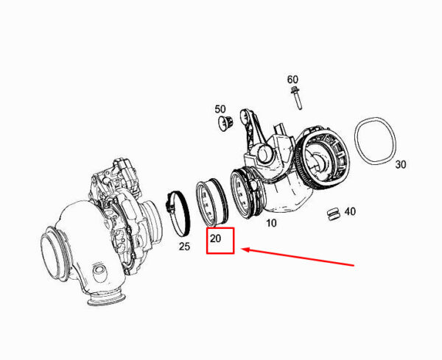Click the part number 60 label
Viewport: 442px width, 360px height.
(292, 80)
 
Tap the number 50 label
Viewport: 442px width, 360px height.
(220, 109)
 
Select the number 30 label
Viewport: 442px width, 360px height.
(401, 164)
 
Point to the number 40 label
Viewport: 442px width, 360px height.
(350, 211)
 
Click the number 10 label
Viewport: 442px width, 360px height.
(271, 223)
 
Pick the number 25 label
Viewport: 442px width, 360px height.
(185, 247)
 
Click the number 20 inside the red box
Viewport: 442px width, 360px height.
(215, 239)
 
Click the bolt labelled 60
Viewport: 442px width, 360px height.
(296, 99)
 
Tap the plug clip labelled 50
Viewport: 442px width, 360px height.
(226, 123)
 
